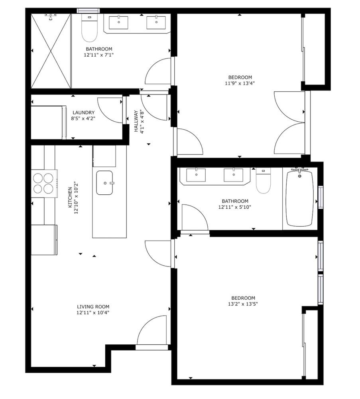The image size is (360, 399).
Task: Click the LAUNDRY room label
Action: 83,113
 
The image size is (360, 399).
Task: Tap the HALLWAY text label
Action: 136,121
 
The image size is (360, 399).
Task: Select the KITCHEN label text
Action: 70,198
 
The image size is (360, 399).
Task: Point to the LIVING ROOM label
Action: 93,306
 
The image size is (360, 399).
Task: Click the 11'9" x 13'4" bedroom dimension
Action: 240,83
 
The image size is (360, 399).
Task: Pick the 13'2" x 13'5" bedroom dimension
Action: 243,304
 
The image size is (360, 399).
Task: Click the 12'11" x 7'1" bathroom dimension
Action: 98,55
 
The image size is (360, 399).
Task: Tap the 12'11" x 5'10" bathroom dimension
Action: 235,207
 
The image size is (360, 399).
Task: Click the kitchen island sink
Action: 104,183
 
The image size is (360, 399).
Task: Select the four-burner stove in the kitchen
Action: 44,184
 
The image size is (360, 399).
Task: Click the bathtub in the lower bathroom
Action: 299,198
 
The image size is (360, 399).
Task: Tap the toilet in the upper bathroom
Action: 89,28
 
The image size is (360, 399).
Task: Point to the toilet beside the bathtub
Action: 263,180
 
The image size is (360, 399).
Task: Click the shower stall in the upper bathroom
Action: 51,51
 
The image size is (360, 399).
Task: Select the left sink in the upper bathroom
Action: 118,22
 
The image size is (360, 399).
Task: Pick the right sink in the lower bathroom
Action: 233,175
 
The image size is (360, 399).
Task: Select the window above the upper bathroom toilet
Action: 88,10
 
